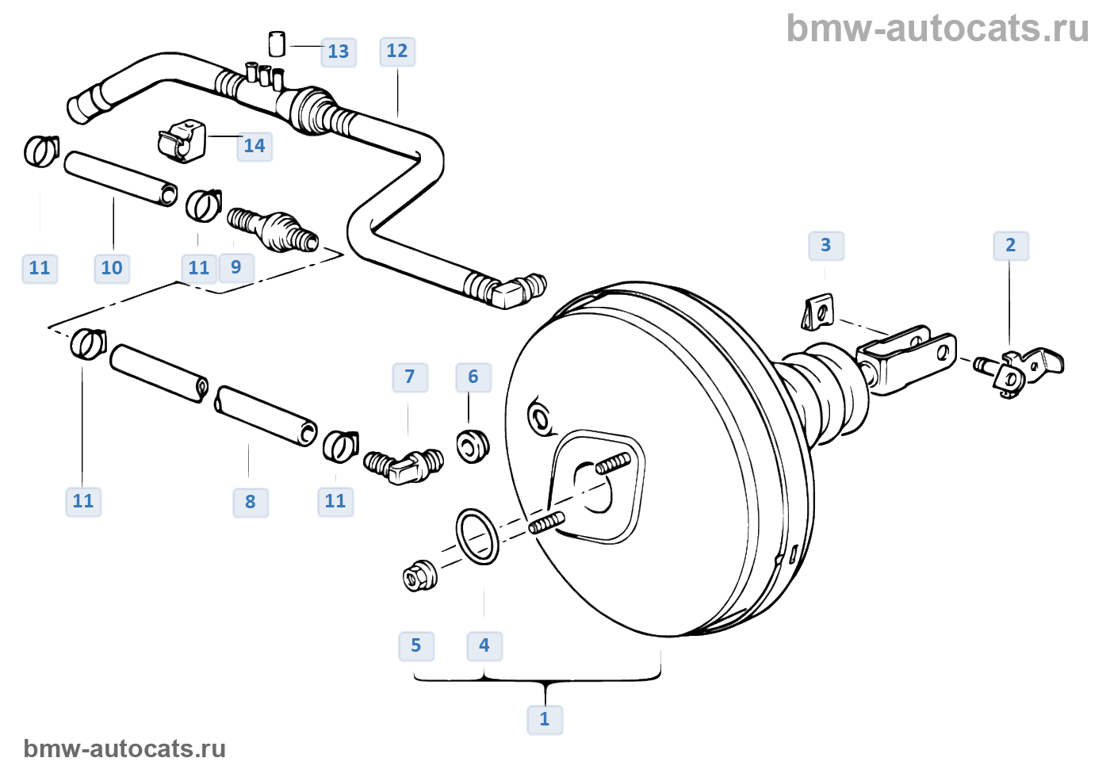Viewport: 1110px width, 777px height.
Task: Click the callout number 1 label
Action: click(x=545, y=720)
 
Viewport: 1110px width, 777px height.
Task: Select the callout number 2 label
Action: click(x=1011, y=246)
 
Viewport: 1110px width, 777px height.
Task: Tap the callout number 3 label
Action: click(x=826, y=246)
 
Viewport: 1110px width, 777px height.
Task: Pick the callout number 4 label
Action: click(x=484, y=646)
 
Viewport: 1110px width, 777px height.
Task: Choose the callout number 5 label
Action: click(x=416, y=646)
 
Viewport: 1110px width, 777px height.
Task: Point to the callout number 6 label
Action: click(x=473, y=377)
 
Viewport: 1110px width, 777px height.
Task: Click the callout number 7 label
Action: click(x=410, y=377)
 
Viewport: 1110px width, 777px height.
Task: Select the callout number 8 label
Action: click(x=251, y=502)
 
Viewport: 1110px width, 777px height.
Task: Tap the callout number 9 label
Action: click(x=236, y=268)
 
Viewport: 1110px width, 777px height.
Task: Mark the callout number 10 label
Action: click(x=112, y=269)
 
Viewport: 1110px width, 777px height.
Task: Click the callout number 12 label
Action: click(x=397, y=52)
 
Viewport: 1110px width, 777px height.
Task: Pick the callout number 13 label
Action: click(x=339, y=52)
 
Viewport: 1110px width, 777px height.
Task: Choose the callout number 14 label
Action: click(x=255, y=147)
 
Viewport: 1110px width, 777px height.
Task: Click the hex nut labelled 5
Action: click(x=419, y=576)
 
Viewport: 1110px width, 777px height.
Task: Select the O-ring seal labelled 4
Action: click(x=477, y=537)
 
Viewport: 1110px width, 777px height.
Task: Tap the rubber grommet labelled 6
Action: click(x=473, y=446)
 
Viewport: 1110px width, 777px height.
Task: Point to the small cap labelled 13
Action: click(x=277, y=44)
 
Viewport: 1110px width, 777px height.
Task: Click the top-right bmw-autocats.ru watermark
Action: click(x=937, y=29)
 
